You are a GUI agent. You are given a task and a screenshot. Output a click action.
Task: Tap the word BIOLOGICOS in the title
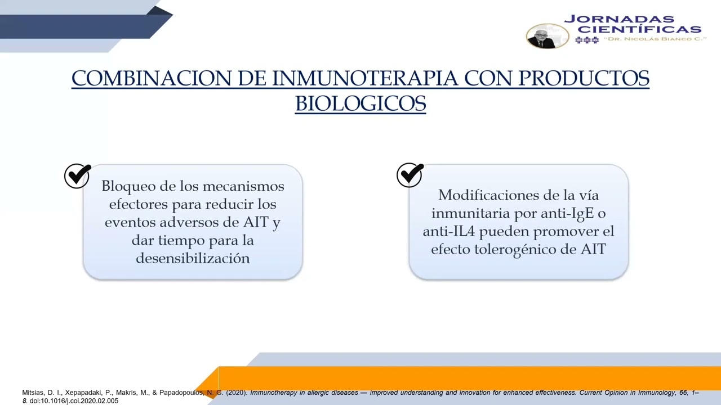pyautogui.click(x=360, y=103)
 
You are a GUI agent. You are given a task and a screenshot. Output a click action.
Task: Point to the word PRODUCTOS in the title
pyautogui.click(x=584, y=78)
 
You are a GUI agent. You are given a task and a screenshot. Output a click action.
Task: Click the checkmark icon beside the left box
pyautogui.click(x=77, y=175)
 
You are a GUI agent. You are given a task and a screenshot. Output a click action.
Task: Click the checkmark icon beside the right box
pyautogui.click(x=410, y=175)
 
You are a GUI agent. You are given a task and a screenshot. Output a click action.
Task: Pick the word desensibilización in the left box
pyautogui.click(x=193, y=258)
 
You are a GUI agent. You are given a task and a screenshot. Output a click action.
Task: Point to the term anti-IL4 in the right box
pyautogui.click(x=448, y=231)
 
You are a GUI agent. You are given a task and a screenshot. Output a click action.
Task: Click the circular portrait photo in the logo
pyautogui.click(x=547, y=36)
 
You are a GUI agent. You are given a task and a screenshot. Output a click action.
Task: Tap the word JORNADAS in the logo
pyautogui.click(x=618, y=19)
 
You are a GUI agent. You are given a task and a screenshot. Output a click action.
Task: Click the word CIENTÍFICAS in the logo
pyautogui.click(x=639, y=29)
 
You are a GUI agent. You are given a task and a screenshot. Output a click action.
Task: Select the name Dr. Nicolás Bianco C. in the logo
pyautogui.click(x=655, y=39)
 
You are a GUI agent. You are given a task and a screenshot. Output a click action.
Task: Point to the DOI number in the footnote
pyautogui.click(x=74, y=400)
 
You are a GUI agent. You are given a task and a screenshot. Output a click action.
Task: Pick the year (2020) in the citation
pyautogui.click(x=237, y=393)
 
